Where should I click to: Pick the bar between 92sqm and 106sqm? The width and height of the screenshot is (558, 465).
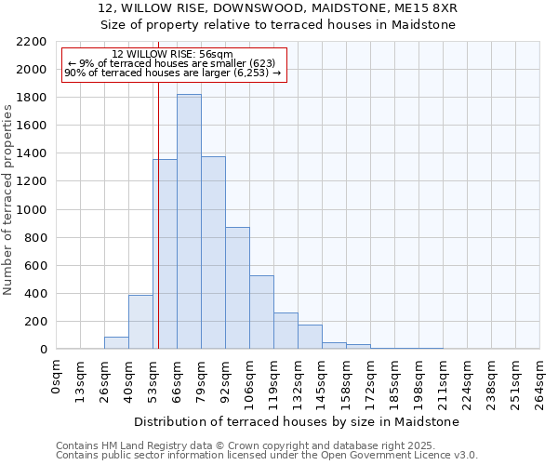pos(237,288)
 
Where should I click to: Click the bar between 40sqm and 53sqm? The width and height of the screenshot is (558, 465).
pos(140,322)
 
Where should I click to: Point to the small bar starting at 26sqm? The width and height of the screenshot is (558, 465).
pos(116,343)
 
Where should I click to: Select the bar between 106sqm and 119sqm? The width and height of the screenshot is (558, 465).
pos(261,312)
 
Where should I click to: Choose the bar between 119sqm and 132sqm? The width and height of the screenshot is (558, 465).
pos(286,331)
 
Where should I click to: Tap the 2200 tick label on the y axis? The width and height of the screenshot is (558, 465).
pos(32,42)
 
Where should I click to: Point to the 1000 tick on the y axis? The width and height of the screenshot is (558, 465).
pos(32,210)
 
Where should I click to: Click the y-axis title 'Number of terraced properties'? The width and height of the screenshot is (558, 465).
pos(8,200)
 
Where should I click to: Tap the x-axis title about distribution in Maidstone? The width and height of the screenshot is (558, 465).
pos(298,421)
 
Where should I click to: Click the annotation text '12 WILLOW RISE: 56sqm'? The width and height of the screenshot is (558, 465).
pos(172,54)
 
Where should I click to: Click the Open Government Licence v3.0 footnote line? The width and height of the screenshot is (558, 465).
pos(267,455)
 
